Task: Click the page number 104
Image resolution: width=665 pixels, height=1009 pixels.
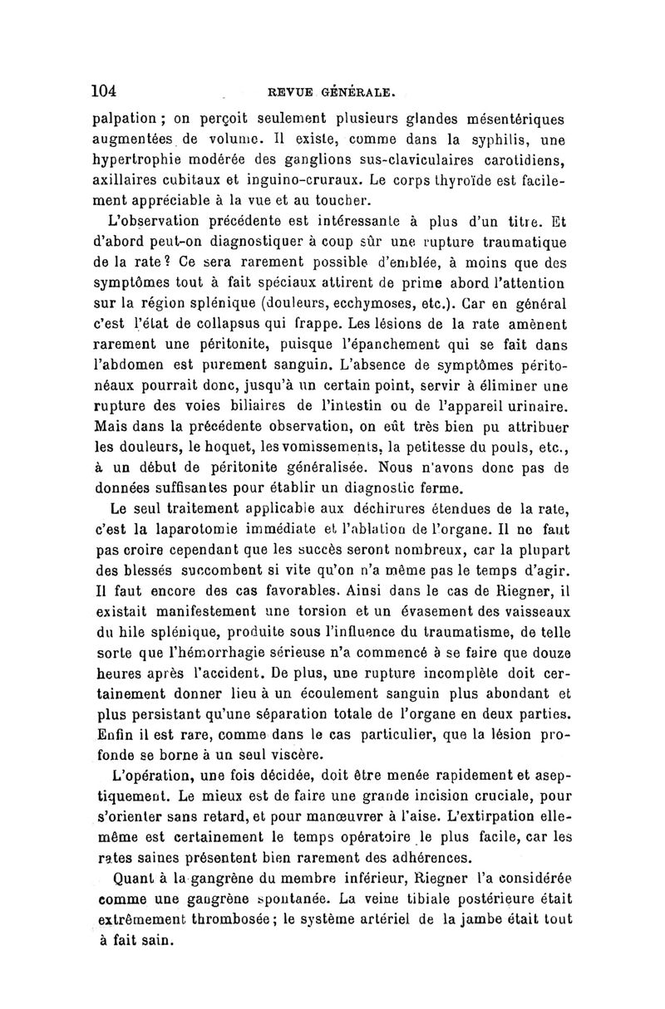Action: (x=107, y=89)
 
